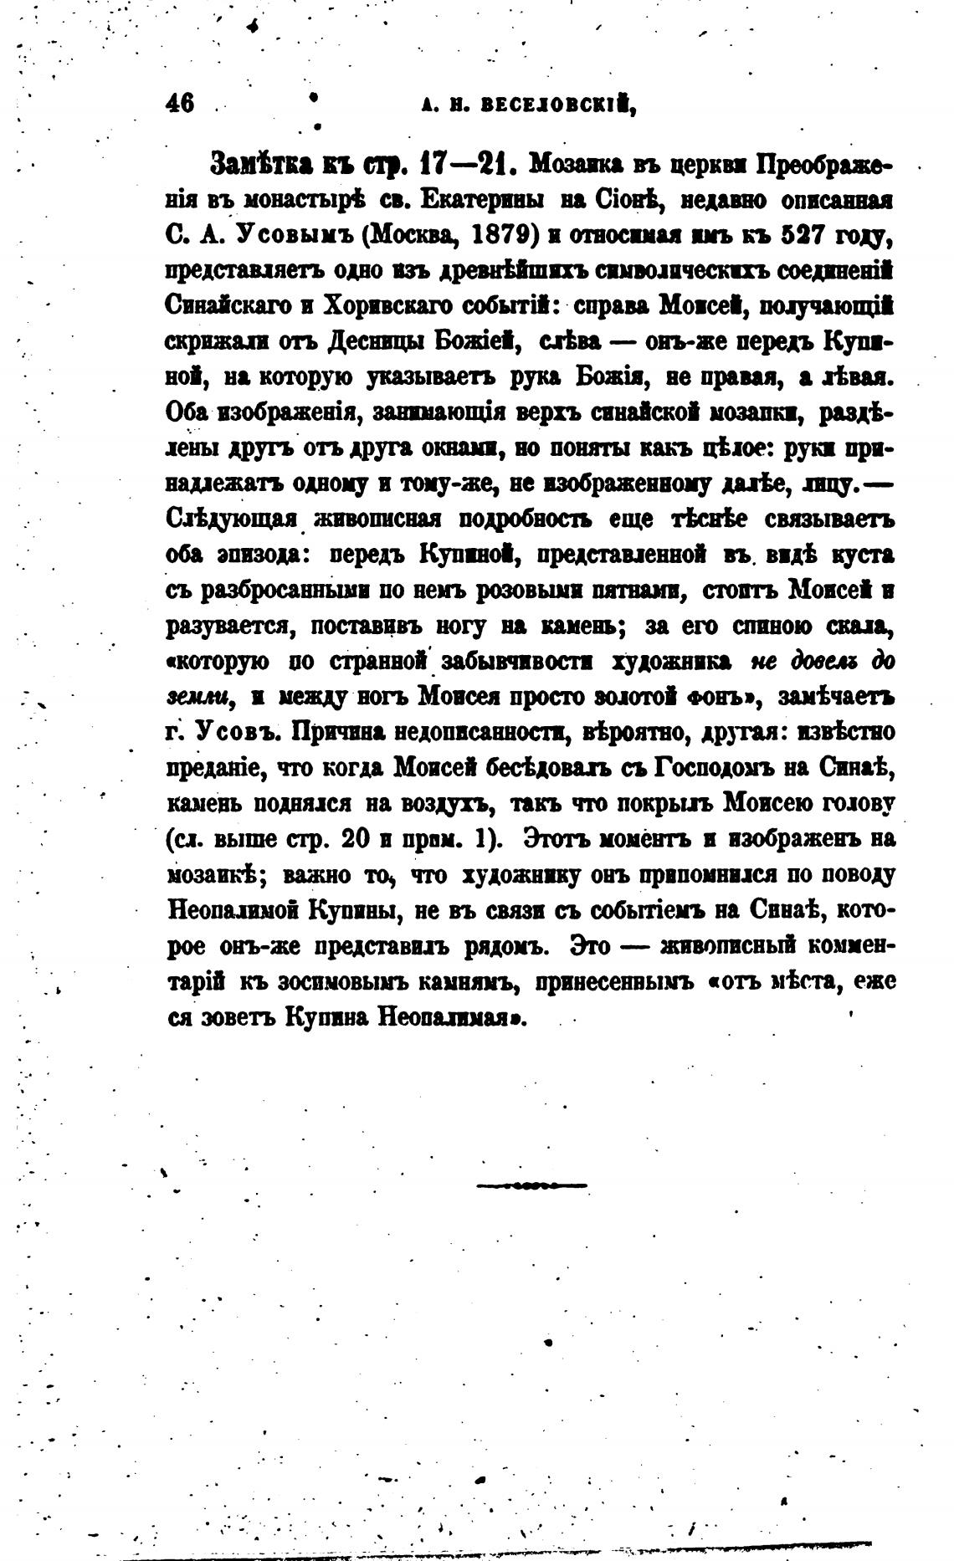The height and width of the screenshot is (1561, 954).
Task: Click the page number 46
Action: (x=180, y=103)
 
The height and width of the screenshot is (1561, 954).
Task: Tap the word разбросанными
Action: (x=283, y=591)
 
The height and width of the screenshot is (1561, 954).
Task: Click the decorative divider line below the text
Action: (x=531, y=1185)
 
